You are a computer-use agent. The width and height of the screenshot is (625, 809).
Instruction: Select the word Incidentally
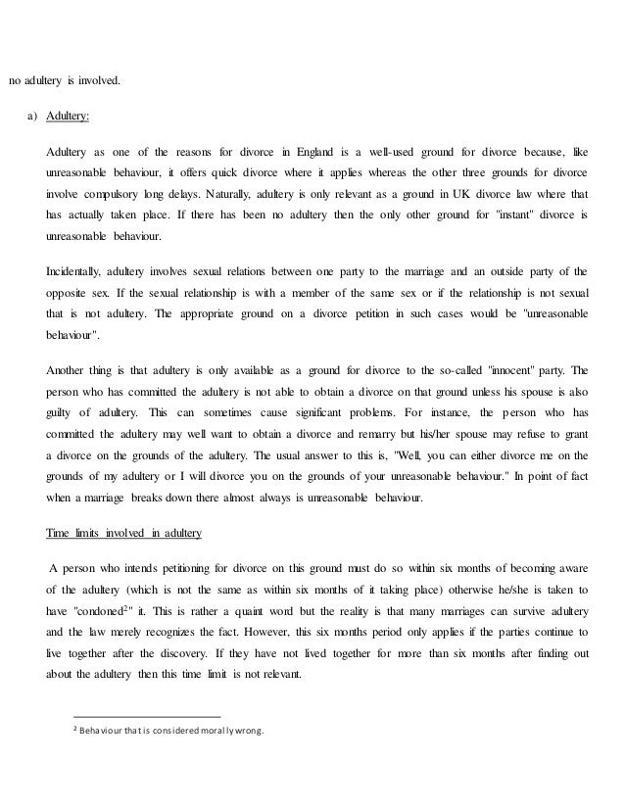click(75, 271)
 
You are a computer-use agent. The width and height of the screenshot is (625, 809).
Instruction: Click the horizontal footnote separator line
click(148, 716)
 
